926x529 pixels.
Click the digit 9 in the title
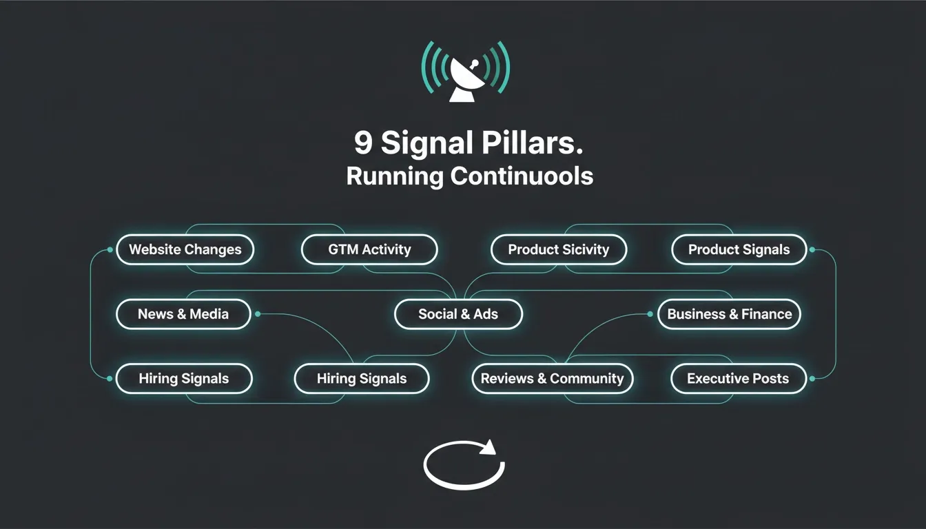[x=363, y=143]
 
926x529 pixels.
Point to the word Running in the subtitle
[x=395, y=176]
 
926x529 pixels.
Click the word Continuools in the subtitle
[x=522, y=176]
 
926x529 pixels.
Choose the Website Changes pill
[x=185, y=249]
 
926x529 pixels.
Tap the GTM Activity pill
[x=369, y=249]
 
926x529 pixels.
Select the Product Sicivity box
[x=559, y=249]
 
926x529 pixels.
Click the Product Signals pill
[x=739, y=249]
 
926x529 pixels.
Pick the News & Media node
[x=183, y=314]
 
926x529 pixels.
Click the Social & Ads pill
[x=458, y=314]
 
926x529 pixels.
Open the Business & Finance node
[x=729, y=314]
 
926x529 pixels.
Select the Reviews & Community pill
[x=553, y=379]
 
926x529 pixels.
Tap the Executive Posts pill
[x=739, y=379]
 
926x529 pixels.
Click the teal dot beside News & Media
[x=258, y=314]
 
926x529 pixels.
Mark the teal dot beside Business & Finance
[x=650, y=314]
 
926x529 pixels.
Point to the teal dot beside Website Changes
[x=110, y=249]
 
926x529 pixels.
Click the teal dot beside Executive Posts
[x=812, y=379]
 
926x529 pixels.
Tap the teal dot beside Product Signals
[x=812, y=249]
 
